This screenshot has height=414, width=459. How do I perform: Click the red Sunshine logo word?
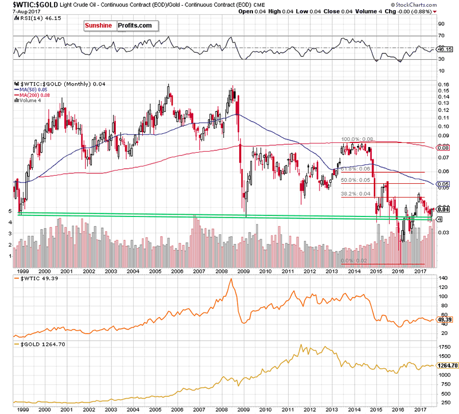[99, 26]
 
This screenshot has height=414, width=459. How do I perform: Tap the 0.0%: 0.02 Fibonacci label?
[355, 261]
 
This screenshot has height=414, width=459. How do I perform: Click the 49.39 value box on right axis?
[445, 319]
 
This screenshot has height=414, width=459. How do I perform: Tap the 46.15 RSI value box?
[445, 49]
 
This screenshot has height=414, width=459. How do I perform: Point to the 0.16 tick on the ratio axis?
[444, 86]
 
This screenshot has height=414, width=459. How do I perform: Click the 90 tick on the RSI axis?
[442, 25]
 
